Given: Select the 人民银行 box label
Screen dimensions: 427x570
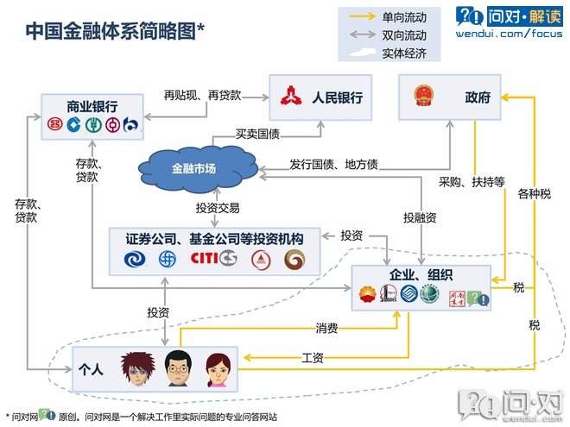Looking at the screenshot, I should coord(336,97).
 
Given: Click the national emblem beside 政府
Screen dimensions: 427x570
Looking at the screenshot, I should coord(423,97).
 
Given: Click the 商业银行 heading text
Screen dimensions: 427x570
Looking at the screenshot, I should coord(92,106).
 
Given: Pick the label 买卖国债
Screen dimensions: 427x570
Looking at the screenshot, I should coord(258,134).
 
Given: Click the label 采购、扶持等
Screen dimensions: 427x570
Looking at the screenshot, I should coord(472,181).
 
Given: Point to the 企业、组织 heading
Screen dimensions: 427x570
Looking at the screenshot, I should coord(421,274).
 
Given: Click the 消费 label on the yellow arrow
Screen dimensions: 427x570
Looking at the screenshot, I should coord(326,328).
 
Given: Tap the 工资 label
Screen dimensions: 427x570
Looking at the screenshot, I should coord(313,356).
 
